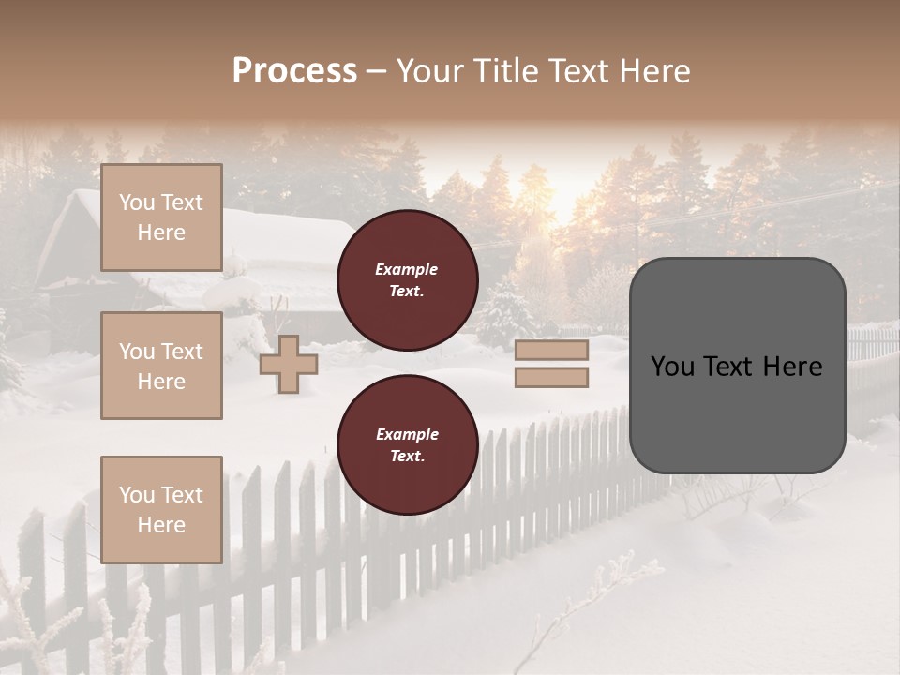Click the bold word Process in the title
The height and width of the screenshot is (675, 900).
click(x=294, y=71)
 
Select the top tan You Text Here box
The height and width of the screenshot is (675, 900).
click(x=161, y=217)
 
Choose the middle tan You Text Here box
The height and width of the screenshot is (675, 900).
click(x=161, y=366)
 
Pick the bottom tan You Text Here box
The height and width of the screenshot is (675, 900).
click(x=161, y=509)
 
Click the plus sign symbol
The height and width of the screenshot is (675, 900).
click(x=288, y=364)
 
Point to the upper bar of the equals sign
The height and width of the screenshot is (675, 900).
click(x=551, y=351)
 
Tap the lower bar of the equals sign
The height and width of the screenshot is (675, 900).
click(x=551, y=377)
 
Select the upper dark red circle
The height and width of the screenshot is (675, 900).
click(x=407, y=280)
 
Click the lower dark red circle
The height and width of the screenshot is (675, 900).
click(x=407, y=444)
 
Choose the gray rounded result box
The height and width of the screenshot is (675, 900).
click(x=737, y=365)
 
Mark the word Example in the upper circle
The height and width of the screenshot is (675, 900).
click(x=407, y=269)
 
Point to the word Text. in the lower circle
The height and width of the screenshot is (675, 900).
click(x=407, y=457)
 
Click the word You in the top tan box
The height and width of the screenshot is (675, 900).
click(x=136, y=202)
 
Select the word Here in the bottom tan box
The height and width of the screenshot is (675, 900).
click(x=161, y=525)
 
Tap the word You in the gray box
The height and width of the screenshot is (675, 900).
click(x=673, y=367)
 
